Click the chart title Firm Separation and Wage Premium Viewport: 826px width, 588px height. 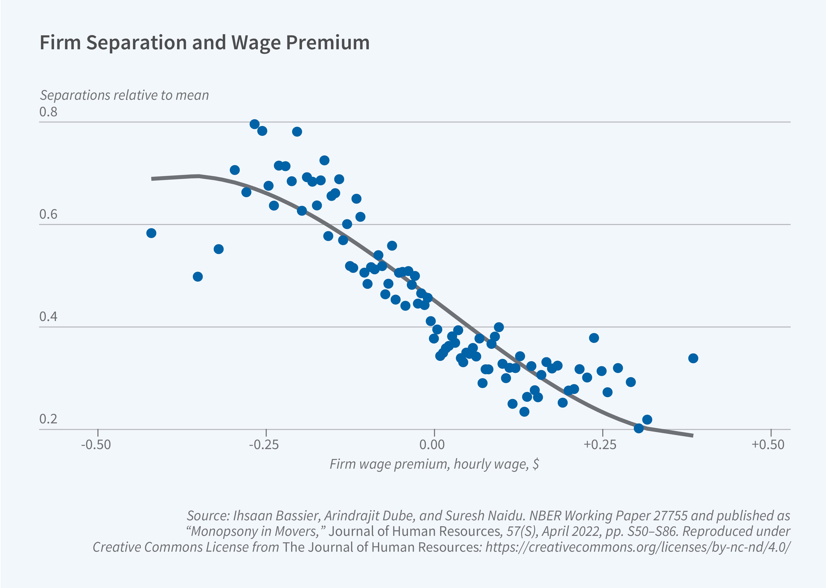click(x=204, y=43)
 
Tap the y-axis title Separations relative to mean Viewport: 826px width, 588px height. click(x=124, y=95)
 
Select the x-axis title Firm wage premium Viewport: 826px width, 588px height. click(x=434, y=464)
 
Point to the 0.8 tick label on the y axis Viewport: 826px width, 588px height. click(x=48, y=112)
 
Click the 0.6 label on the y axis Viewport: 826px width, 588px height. click(x=48, y=214)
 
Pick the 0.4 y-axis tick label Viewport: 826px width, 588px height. click(x=48, y=317)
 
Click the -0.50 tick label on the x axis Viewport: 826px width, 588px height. click(x=96, y=445)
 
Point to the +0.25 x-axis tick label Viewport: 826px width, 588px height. click(x=600, y=445)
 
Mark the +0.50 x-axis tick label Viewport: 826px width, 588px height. click(x=768, y=445)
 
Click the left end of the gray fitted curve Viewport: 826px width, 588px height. click(x=152, y=179)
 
